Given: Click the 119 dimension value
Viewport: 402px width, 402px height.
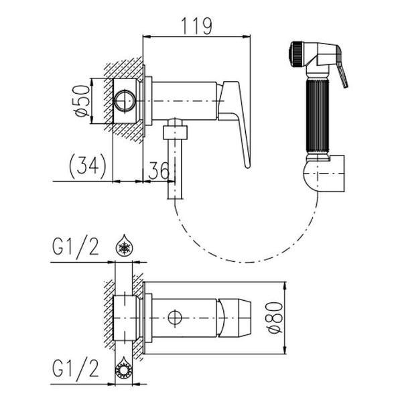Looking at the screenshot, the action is [x=196, y=26].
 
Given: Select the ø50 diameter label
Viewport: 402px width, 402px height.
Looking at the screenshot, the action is [x=83, y=100].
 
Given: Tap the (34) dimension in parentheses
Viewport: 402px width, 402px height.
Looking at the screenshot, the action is [x=87, y=166].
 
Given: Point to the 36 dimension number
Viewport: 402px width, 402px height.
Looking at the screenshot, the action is [x=159, y=170].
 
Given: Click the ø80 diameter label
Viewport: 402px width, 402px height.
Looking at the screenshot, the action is [x=275, y=318].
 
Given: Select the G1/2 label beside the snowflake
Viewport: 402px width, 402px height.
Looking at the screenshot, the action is [x=75, y=247].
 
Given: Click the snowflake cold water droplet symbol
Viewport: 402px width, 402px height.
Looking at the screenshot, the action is [x=124, y=245].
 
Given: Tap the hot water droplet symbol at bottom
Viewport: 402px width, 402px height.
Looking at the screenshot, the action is [x=124, y=368].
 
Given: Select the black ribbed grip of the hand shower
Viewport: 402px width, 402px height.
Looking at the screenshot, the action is [x=318, y=116].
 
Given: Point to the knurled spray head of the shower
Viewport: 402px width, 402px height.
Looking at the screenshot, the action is [x=296, y=54].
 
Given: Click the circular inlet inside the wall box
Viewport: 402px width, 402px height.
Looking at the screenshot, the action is [x=125, y=100].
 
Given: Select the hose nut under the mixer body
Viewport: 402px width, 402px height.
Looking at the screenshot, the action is [x=176, y=133].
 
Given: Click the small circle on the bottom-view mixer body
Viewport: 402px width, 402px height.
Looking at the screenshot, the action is [x=175, y=318].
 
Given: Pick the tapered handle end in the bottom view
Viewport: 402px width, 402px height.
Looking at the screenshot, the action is [x=234, y=318].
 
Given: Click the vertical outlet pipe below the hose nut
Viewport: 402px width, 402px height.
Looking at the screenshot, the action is [x=175, y=170].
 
